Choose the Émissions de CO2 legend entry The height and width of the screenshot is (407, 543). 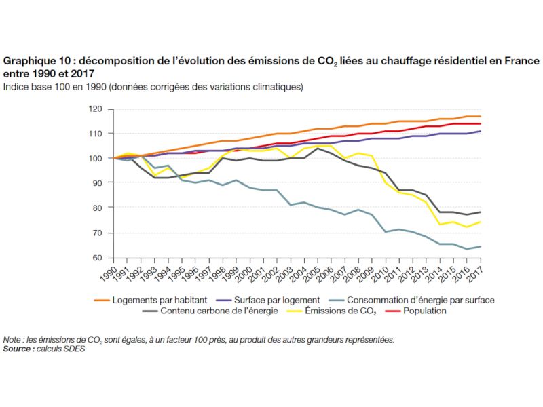pyautogui.click(x=326, y=311)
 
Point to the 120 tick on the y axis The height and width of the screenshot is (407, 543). pyautogui.click(x=96, y=109)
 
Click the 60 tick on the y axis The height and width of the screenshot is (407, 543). pyautogui.click(x=98, y=258)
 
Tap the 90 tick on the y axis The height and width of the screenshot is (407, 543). pyautogui.click(x=98, y=183)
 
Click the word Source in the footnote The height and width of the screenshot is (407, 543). pyautogui.click(x=17, y=349)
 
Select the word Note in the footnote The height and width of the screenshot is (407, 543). pyautogui.click(x=12, y=340)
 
